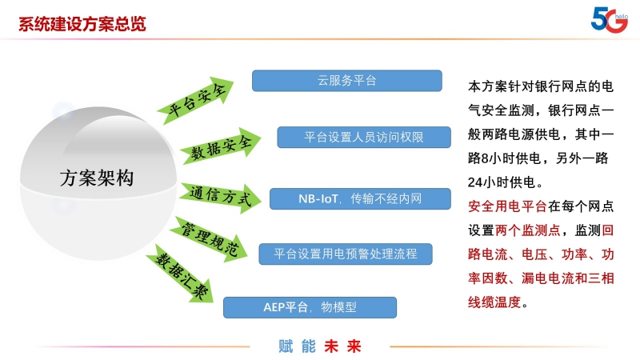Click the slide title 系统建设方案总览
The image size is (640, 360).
coord(82,24)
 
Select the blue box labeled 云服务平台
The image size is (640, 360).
coord(346,81)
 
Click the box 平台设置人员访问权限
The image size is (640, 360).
coord(364,138)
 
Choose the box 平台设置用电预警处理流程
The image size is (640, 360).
coord(346,254)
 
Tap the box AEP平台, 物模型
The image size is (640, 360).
coord(310,307)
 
